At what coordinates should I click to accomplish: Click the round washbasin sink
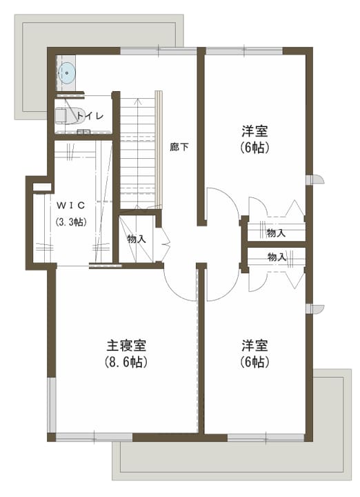point(67,73)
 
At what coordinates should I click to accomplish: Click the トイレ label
point(90,115)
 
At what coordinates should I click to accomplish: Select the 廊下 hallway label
point(179,147)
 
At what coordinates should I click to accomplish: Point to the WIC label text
point(71,206)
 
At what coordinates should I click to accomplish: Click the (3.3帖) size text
point(71,222)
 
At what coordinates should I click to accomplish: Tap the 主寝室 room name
point(126,346)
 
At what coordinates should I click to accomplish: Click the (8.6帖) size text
point(126,362)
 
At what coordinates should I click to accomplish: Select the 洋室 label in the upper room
point(255,130)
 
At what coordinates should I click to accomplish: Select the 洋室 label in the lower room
point(255,346)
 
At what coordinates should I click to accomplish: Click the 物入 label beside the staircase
point(137,239)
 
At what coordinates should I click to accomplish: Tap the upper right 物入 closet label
point(276,233)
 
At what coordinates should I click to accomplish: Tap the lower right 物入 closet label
point(277,257)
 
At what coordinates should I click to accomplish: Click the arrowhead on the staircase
point(138,101)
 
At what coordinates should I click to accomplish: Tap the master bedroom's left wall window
point(52,405)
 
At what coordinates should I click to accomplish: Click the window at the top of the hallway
point(159,51)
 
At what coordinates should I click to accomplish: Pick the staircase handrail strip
point(159,150)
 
